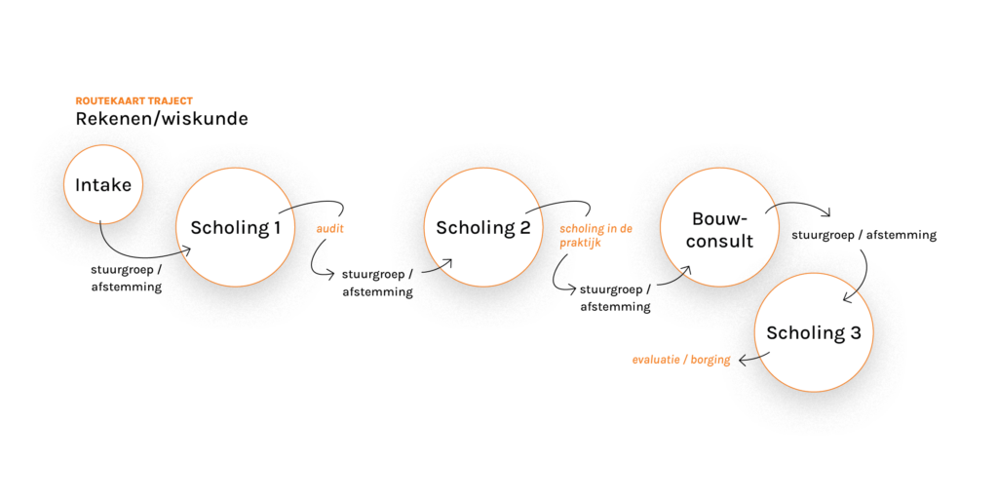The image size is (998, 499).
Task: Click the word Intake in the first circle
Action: (102, 185)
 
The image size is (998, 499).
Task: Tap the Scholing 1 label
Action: (235, 228)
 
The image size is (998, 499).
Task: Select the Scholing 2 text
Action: (482, 228)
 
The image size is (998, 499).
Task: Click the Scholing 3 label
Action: (813, 333)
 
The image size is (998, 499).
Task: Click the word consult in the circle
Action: (719, 241)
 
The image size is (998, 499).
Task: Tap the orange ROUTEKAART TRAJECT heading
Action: (134, 100)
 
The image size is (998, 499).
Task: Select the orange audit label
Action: (329, 230)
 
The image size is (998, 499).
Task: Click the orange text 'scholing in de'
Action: (595, 230)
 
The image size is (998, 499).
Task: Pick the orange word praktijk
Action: (580, 244)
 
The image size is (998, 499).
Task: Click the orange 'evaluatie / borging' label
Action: (680, 360)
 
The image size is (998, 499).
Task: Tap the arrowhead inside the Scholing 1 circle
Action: (185, 251)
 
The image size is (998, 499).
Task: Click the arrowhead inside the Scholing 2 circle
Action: (446, 262)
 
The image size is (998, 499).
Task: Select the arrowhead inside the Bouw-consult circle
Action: (686, 270)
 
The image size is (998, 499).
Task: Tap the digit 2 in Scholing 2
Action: (524, 228)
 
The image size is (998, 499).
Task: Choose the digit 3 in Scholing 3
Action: (855, 333)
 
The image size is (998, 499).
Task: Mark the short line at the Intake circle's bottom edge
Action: (100, 223)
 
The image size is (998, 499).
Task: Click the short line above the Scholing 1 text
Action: (286, 210)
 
